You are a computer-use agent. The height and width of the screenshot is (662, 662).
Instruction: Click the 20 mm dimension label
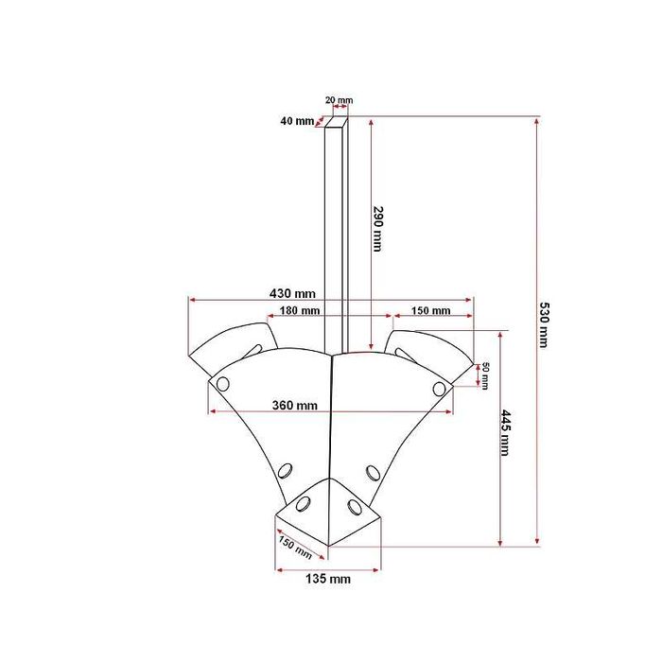click(338, 99)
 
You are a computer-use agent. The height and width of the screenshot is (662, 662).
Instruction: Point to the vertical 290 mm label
click(377, 230)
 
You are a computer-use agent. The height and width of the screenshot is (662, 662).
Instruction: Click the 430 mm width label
click(292, 292)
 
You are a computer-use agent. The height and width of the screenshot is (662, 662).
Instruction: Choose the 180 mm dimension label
click(299, 310)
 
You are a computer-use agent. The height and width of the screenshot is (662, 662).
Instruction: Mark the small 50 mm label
click(485, 375)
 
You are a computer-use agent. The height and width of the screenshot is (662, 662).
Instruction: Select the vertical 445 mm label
click(505, 432)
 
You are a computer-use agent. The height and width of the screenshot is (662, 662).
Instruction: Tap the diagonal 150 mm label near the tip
click(295, 547)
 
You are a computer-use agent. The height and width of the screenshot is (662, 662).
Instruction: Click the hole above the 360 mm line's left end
click(223, 384)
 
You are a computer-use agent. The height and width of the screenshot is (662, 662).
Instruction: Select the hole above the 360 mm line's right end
click(440, 388)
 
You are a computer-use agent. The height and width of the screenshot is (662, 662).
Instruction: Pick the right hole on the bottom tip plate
click(355, 507)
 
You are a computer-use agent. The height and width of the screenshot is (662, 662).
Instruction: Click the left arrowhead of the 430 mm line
click(192, 301)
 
